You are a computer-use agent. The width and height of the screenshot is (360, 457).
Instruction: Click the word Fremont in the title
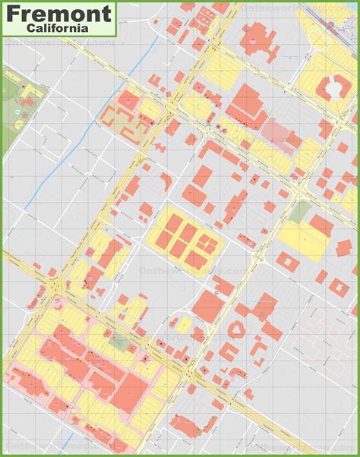point(59,13)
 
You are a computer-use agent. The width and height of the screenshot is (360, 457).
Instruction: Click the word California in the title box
point(60,27)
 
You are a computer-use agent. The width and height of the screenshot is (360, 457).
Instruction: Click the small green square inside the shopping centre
point(118,341)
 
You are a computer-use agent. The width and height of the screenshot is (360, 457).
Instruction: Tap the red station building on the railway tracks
point(331,23)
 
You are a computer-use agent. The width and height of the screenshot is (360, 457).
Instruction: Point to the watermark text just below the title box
point(61,43)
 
